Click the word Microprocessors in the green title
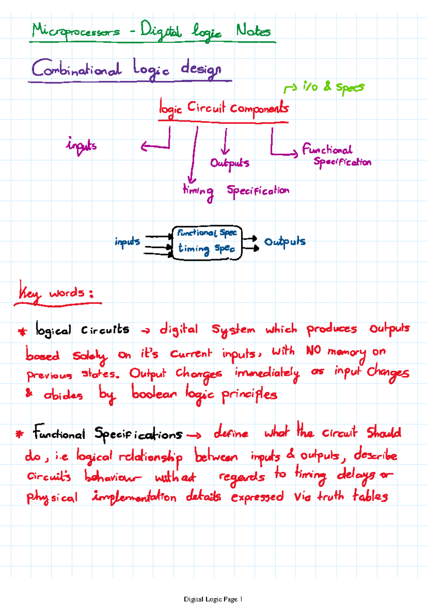click(76, 31)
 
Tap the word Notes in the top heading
click(253, 31)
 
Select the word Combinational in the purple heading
click(77, 68)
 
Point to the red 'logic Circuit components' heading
click(223, 108)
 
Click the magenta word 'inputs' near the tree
click(81, 145)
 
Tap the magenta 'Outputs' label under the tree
click(230, 163)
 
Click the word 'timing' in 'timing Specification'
click(198, 191)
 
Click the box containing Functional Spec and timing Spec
click(207, 242)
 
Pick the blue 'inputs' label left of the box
click(127, 242)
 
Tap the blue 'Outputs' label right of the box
click(285, 242)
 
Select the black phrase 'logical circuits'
click(82, 330)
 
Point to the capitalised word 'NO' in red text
click(313, 351)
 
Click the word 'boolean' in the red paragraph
click(154, 394)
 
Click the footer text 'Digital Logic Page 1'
click(213, 599)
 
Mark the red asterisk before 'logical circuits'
click(22, 332)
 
